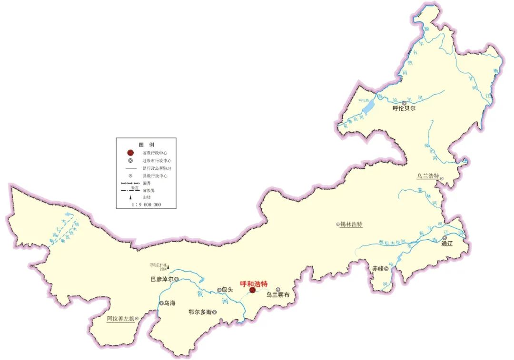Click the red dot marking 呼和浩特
click(x=252, y=290)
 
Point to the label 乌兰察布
click(x=277, y=295)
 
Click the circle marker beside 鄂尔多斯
click(x=215, y=312)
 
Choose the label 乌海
click(x=169, y=303)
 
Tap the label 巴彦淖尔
click(x=161, y=280)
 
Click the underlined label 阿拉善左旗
click(x=120, y=319)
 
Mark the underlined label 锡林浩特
click(x=351, y=224)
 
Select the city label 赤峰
click(x=378, y=269)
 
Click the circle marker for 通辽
click(x=445, y=238)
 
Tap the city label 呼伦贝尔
click(x=404, y=109)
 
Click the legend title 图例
click(x=147, y=145)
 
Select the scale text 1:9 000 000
click(x=146, y=204)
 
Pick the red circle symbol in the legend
click(x=130, y=153)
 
